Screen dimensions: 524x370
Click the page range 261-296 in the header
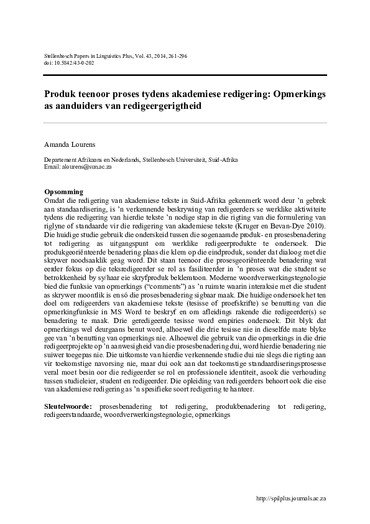pyautogui.click(x=177, y=56)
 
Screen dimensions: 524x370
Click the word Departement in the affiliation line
pyautogui.click(x=60, y=160)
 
